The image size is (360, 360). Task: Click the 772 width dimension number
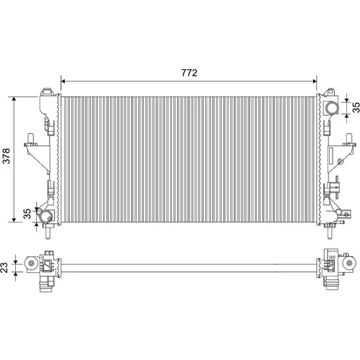coord(189,73)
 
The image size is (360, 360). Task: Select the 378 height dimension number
coord(6,156)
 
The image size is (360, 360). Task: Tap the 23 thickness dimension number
coord(4,267)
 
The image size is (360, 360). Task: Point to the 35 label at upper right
coord(356,107)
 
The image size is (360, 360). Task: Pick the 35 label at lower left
coord(27,214)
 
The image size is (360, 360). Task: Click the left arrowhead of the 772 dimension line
coord(63,81)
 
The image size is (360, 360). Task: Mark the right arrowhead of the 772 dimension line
coord(315,81)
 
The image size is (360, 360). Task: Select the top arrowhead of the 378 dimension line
coord(14,99)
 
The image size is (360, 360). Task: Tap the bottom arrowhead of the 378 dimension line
coord(14,220)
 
